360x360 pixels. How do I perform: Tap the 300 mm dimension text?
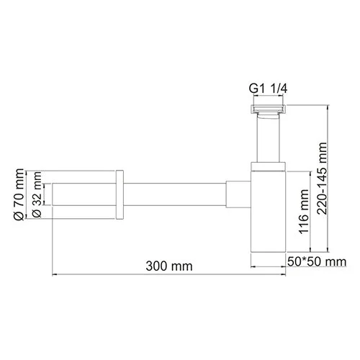[x=172, y=266]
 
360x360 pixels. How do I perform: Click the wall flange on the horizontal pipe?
[x=120, y=194]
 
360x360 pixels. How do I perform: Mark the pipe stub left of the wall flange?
[x=84, y=194]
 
